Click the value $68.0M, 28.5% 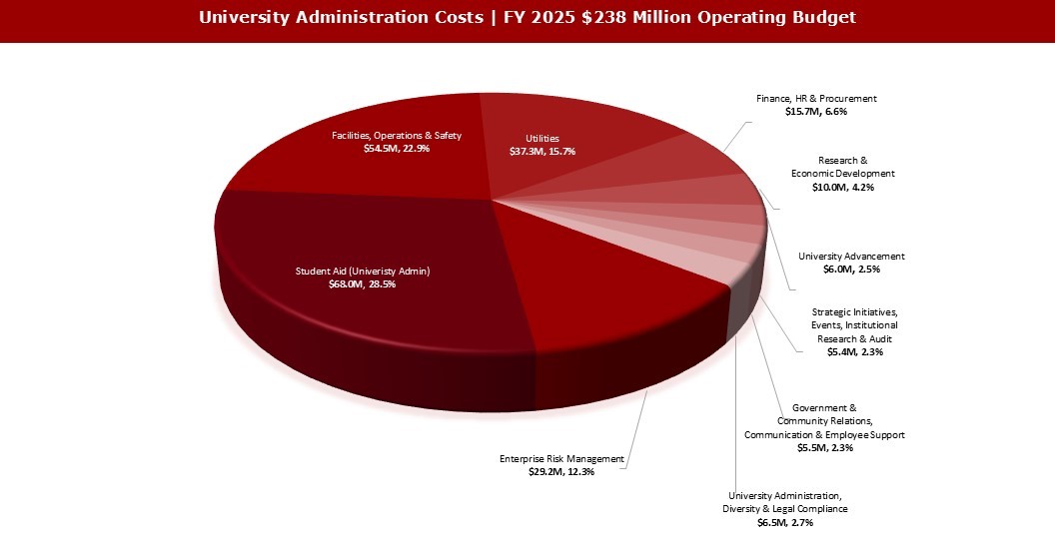pos(362,284)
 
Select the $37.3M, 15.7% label pos(542,152)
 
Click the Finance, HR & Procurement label pos(816,99)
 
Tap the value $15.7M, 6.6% pos(816,113)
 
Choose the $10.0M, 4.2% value pos(843,188)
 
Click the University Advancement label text pos(851,256)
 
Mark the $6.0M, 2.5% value pos(851,270)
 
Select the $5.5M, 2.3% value pos(824,448)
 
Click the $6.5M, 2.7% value pos(785,522)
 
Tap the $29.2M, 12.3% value pos(561,472)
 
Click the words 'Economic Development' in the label pos(843,174)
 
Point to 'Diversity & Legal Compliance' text pos(785,509)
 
